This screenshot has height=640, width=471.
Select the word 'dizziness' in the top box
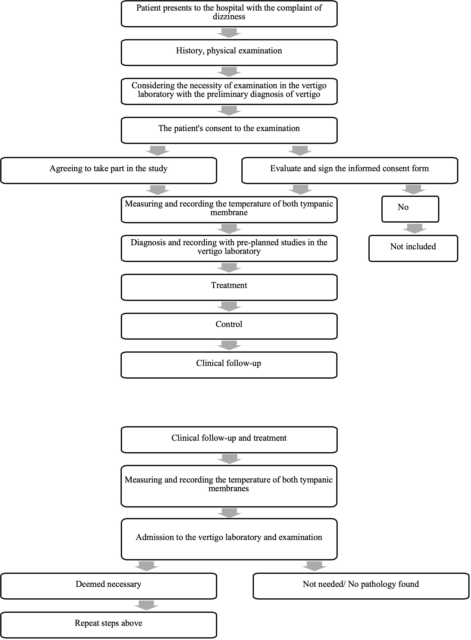(x=229, y=17)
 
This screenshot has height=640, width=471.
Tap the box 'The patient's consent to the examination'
(x=229, y=130)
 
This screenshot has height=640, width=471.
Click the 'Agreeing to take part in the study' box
(x=109, y=171)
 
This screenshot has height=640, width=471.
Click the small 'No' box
(x=410, y=209)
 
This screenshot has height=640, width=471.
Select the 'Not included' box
(x=413, y=249)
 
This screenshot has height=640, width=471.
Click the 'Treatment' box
(x=229, y=288)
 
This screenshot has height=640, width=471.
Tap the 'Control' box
(x=229, y=326)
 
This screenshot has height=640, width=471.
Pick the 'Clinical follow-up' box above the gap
(x=229, y=365)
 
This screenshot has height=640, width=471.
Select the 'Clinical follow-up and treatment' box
(x=229, y=440)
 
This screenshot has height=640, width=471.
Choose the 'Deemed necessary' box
(x=109, y=586)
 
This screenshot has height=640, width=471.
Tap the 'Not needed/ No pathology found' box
(x=361, y=586)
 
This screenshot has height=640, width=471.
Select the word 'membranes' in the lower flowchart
(x=229, y=489)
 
